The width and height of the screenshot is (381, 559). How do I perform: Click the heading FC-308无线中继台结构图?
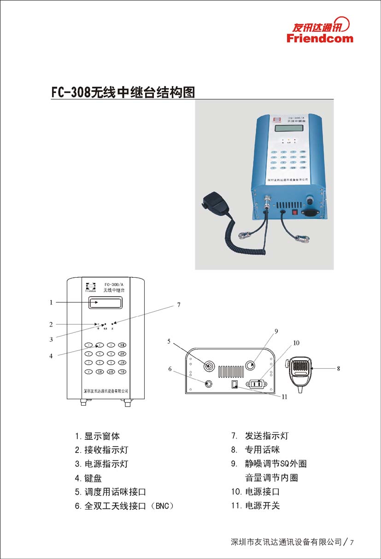pyautogui.click(x=123, y=92)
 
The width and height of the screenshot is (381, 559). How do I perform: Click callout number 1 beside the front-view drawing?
pyautogui.click(x=51, y=303)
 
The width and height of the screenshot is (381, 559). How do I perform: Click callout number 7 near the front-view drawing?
pyautogui.click(x=179, y=305)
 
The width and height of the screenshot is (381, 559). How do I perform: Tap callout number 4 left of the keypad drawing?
pyautogui.click(x=51, y=355)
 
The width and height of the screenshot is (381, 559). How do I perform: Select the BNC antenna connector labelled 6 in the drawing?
pyautogui.click(x=209, y=384)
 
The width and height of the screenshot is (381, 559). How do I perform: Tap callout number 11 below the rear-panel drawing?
pyautogui.click(x=284, y=397)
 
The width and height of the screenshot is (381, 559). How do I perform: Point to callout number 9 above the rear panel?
pyautogui.click(x=276, y=331)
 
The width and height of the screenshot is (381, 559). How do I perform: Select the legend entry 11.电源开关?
pyautogui.click(x=255, y=506)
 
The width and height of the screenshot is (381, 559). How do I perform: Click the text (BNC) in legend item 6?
pyautogui.click(x=163, y=506)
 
